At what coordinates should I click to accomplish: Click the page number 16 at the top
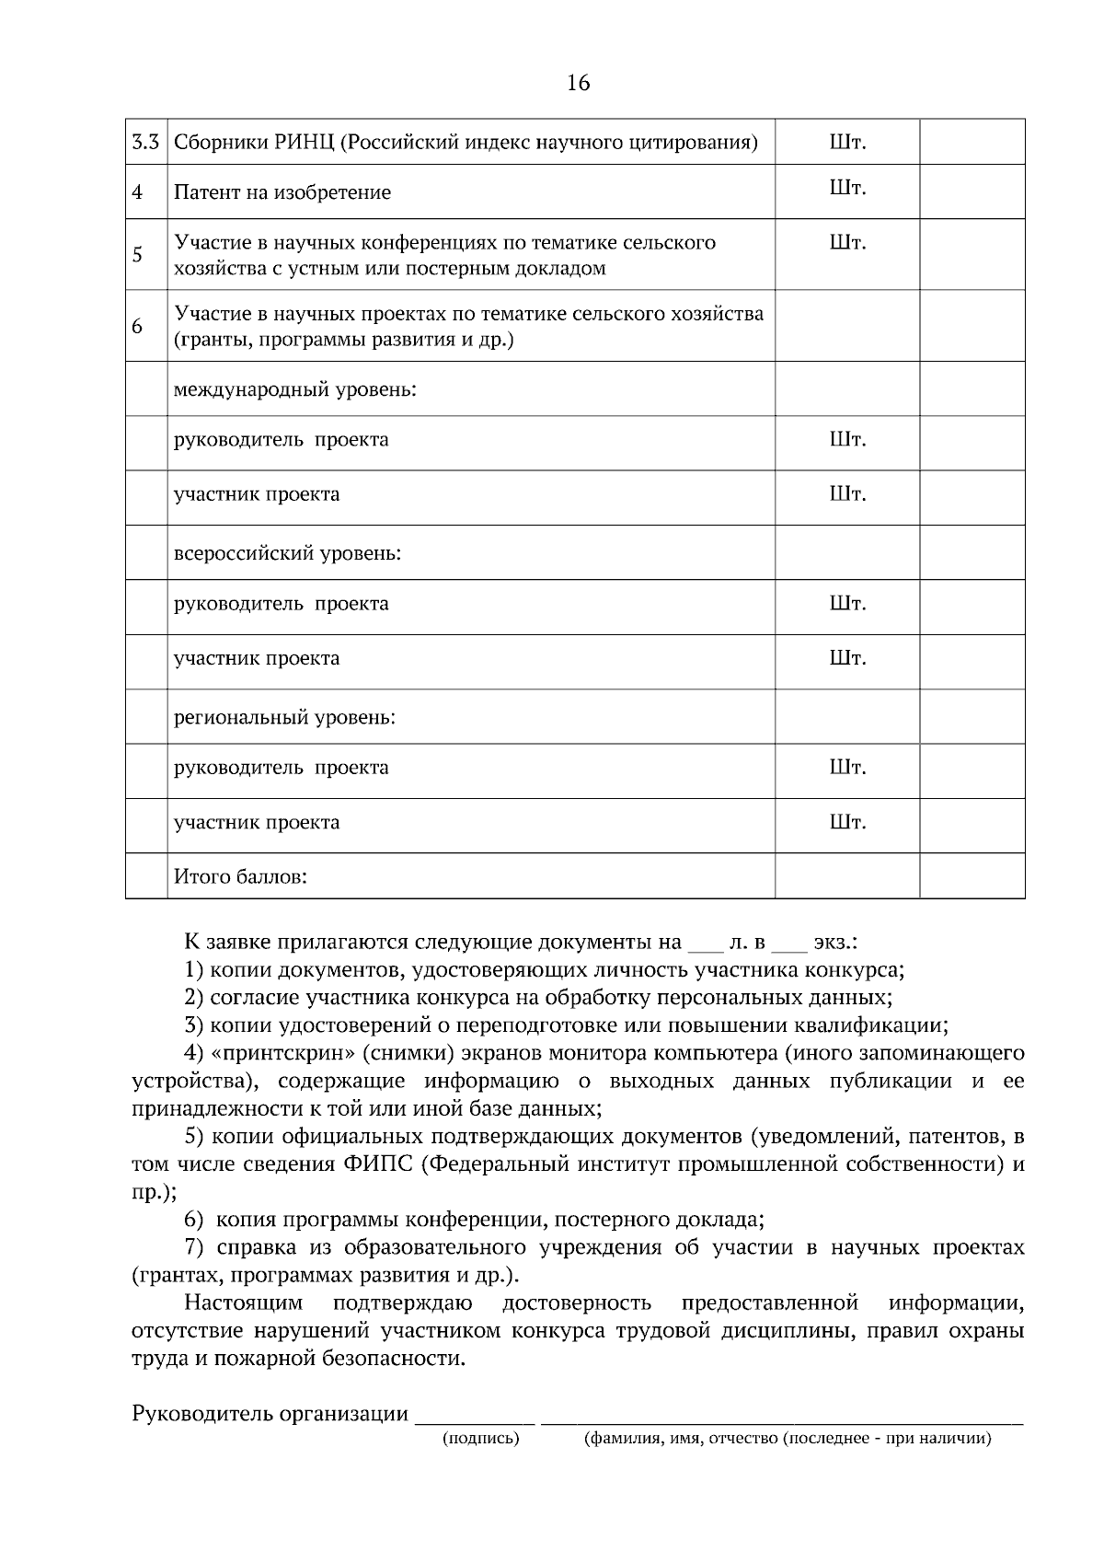[578, 84]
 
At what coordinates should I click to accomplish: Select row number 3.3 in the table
[146, 143]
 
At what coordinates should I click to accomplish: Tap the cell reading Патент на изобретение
[282, 192]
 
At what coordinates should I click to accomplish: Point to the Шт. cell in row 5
[847, 243]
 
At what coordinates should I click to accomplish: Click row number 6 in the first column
[137, 326]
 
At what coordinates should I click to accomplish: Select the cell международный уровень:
[295, 389]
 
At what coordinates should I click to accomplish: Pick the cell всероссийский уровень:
[288, 553]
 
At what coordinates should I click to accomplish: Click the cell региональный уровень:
[284, 717]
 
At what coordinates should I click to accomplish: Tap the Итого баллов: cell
[240, 876]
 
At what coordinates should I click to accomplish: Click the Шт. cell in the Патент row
[847, 189]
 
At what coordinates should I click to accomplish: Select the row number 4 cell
[137, 192]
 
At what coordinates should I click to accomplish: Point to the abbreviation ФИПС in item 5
[379, 1164]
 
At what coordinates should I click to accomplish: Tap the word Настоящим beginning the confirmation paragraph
[243, 1302]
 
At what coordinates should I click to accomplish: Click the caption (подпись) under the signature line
[481, 1440]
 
